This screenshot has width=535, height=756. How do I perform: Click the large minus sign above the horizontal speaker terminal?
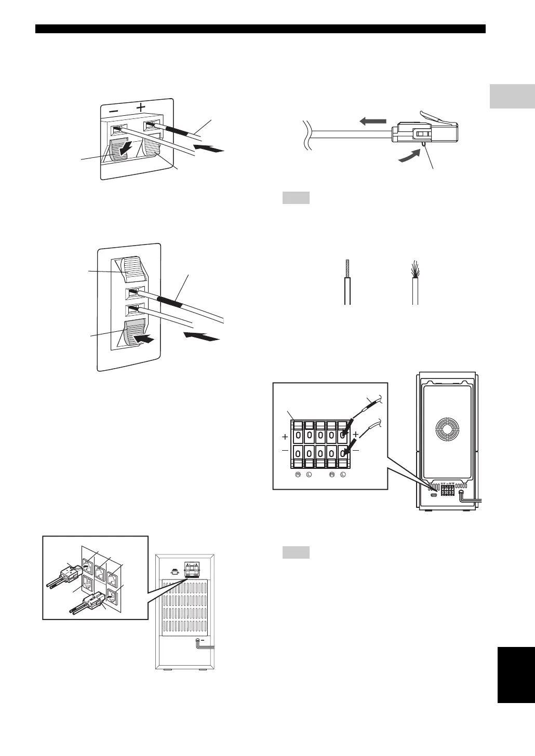click(113, 111)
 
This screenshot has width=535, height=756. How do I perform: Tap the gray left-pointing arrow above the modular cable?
click(372, 120)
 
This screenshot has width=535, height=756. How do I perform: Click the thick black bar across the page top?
click(260, 29)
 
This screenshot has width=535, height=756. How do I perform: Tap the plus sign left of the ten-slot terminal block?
click(285, 437)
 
